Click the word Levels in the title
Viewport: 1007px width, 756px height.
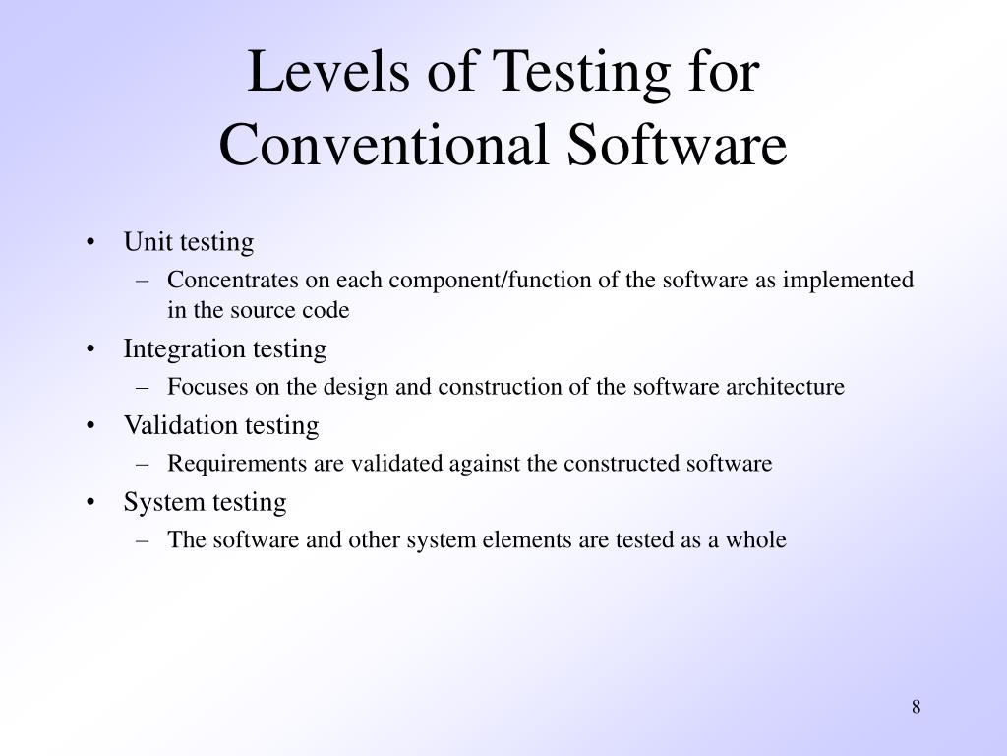click(305, 74)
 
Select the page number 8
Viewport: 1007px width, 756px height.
click(916, 707)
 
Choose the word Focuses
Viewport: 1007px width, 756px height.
click(207, 387)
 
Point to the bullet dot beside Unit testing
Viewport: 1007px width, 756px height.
click(91, 243)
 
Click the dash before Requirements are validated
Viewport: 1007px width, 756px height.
click(144, 464)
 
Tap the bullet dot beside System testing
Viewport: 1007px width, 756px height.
click(91, 503)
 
